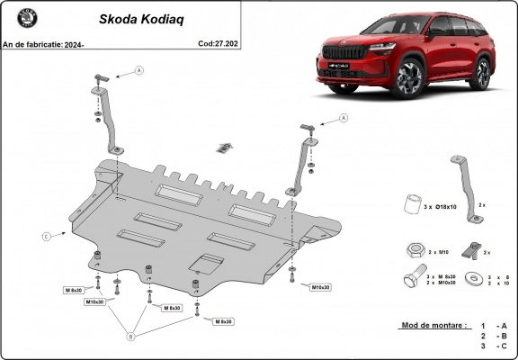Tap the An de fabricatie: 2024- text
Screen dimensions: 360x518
coord(41,42)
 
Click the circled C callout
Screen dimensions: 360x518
coord(45,237)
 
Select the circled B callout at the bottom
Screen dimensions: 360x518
coord(131,337)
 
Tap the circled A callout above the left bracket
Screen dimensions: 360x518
coord(139,69)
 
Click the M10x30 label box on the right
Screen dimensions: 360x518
coord(320,287)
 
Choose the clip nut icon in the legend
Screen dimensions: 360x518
coord(469,249)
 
